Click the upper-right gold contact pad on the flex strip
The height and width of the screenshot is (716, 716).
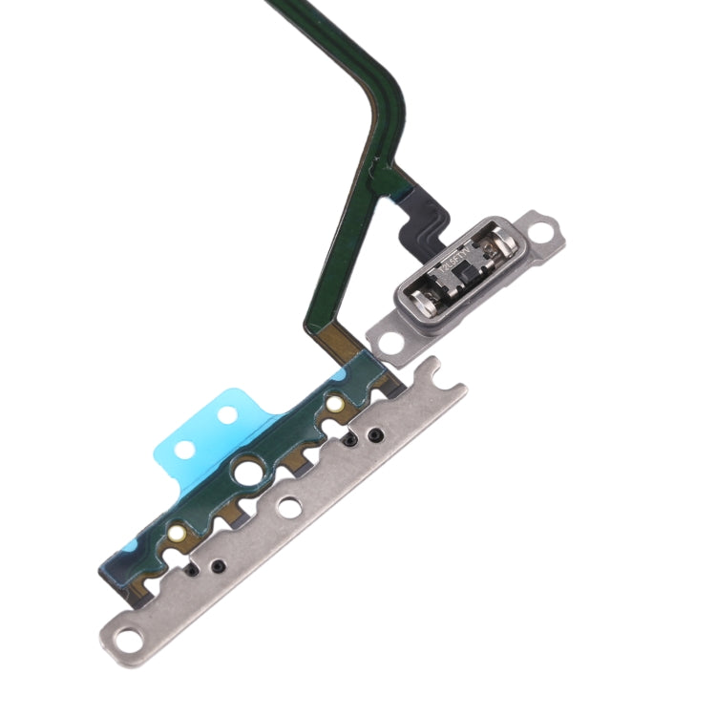pos(335,405)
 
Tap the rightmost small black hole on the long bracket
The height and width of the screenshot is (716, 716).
pos(376,435)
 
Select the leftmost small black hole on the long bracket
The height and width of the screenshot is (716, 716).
pos(196,569)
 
